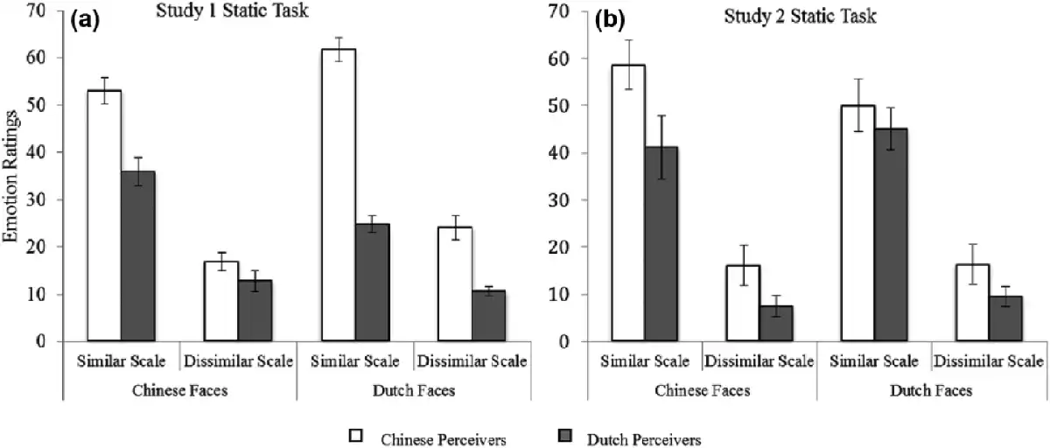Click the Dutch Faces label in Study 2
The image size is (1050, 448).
[931, 390]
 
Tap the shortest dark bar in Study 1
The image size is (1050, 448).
[488, 315]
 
